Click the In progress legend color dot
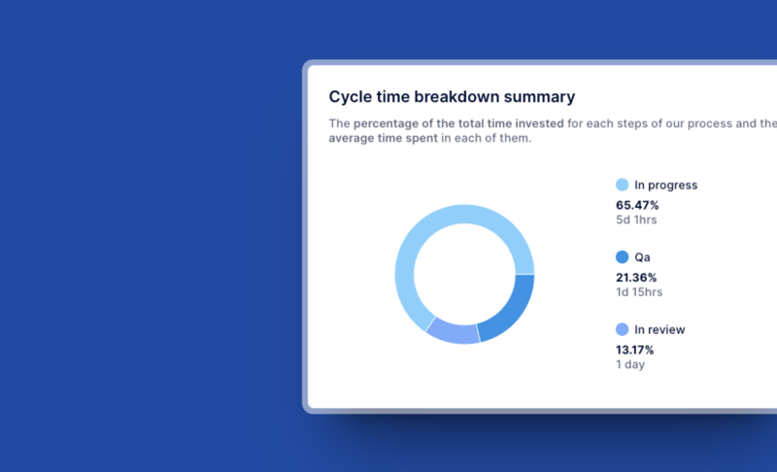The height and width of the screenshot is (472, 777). pos(622,185)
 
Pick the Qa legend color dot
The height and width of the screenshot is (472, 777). pos(622,257)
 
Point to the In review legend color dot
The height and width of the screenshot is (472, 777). pos(622,329)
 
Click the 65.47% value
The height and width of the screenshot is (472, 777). pos(637,205)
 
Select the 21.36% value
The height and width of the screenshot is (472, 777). pos(637,278)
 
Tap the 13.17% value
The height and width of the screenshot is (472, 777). pos(635,350)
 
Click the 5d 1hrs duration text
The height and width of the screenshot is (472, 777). pos(636,219)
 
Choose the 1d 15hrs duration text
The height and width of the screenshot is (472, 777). pos(639,292)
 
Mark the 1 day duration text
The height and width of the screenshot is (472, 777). pos(630,364)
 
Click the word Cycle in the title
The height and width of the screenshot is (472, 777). pos(351,97)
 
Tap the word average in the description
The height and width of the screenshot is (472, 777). pos(355,139)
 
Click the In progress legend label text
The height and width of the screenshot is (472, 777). pos(666,185)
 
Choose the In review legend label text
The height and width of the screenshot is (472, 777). pos(659,329)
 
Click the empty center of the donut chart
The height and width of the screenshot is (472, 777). pos(464,274)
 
